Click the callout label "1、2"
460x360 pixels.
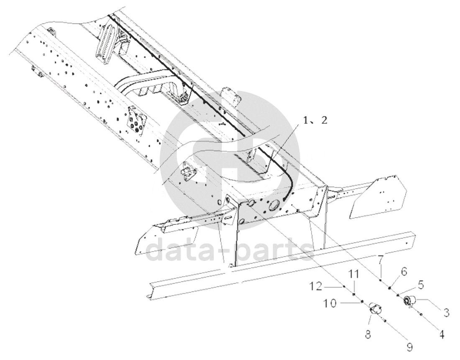click(x=316, y=121)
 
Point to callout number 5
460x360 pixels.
click(x=420, y=285)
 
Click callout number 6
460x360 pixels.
click(x=403, y=272)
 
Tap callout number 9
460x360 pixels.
click(x=409, y=347)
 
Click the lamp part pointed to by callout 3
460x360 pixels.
click(x=409, y=301)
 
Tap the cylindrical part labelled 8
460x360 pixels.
click(x=376, y=311)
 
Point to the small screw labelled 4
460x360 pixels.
click(x=422, y=315)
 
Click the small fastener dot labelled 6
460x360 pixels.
click(x=390, y=287)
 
